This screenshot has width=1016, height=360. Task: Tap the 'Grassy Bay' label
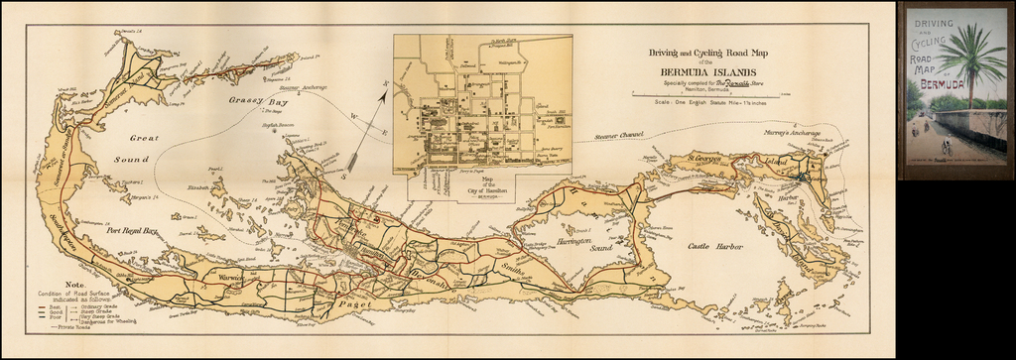coord(230,100)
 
